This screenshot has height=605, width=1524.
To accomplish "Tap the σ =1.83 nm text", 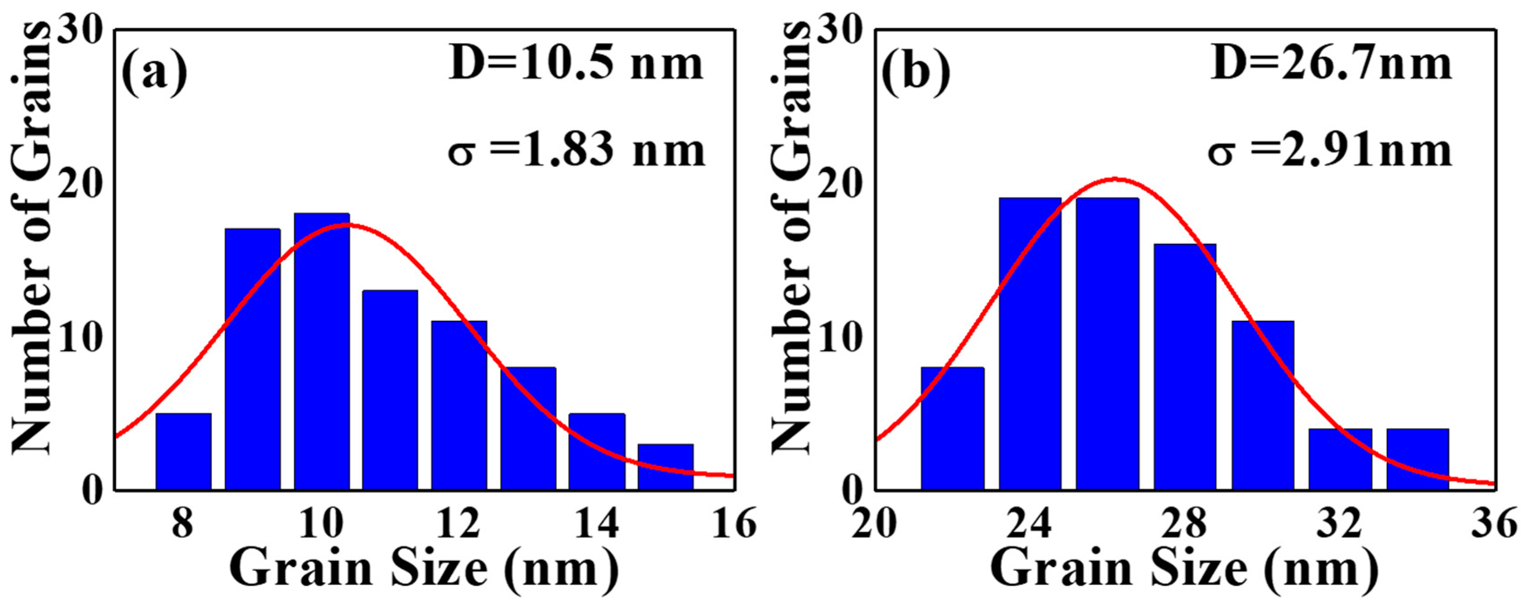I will [x=576, y=151].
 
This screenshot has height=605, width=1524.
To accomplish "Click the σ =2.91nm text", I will [x=1330, y=151].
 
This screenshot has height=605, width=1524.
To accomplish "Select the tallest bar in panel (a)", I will [x=322, y=352].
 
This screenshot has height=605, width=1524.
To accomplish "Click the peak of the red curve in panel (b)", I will [x=1114, y=178].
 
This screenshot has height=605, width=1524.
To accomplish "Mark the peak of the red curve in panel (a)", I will [x=346, y=224].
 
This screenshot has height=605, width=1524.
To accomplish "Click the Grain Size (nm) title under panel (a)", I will [x=423, y=570].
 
